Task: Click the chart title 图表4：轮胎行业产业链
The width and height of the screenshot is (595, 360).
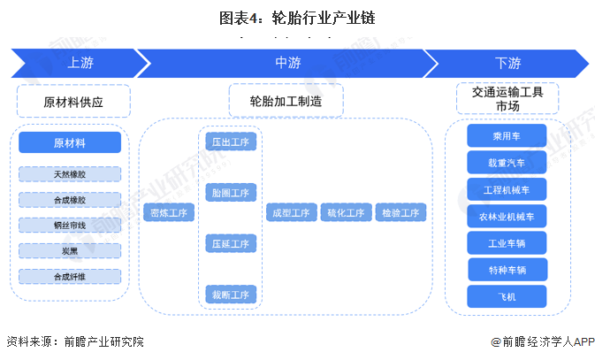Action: point(297,16)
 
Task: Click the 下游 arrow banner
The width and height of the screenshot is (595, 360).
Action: point(507,63)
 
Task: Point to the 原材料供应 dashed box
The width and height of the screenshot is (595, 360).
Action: point(73,102)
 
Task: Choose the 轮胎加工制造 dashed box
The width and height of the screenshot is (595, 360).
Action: point(285,102)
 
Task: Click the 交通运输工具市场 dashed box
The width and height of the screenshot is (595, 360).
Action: point(507,98)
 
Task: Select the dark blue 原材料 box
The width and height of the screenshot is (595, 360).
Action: point(70,142)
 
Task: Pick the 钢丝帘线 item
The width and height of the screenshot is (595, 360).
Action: point(70,226)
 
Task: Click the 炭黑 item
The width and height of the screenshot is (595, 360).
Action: point(70,251)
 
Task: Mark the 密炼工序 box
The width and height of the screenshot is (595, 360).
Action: point(169,213)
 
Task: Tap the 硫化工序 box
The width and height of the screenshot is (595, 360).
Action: point(345,213)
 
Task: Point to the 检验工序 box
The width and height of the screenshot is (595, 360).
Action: point(400,213)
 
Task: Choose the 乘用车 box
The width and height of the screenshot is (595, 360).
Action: point(507,136)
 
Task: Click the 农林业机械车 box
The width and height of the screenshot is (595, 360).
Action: point(507,216)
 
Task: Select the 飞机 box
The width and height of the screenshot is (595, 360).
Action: point(507,296)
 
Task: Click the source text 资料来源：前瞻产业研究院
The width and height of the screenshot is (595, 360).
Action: point(75,341)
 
